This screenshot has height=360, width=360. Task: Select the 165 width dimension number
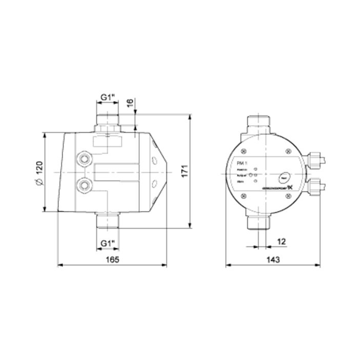coord(112,259)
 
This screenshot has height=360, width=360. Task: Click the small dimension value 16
coord(130,102)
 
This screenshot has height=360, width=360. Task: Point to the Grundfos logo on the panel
coord(276,188)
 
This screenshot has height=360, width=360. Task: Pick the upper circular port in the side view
coord(84,158)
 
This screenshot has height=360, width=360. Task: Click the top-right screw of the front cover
coord(288,150)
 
